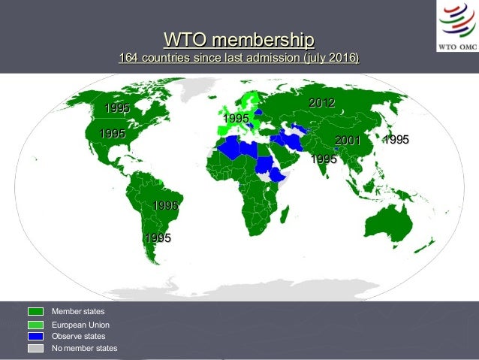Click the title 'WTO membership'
coord(239,39)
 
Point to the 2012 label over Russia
coord(321,102)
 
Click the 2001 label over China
coord(348,140)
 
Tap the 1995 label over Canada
coord(117,108)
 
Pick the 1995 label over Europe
coord(236,119)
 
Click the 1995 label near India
coord(324,159)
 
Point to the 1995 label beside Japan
coord(396,140)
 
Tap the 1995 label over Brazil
coord(165,205)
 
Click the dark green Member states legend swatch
coord(36,311)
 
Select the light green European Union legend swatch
coord(36,325)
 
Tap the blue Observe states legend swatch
coord(36,337)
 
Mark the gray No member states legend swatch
coord(36,349)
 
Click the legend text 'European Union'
coord(80,325)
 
